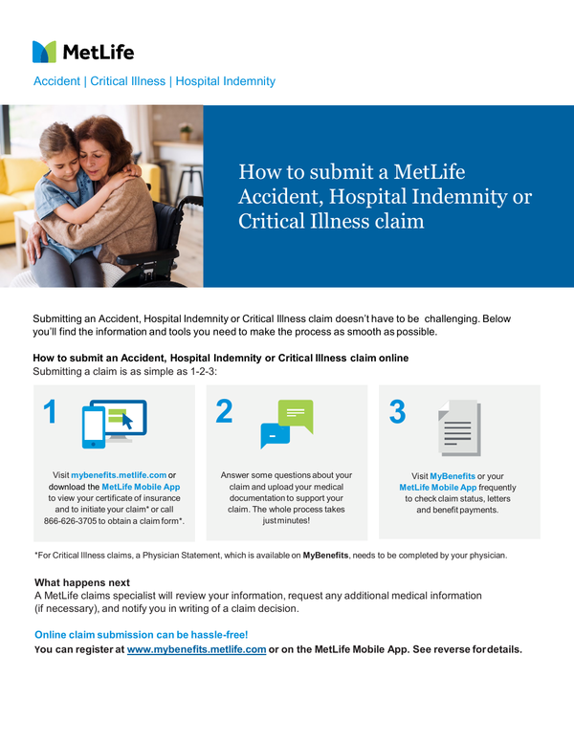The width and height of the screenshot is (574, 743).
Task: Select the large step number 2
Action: click(x=224, y=412)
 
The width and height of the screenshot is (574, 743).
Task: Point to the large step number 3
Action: click(x=397, y=412)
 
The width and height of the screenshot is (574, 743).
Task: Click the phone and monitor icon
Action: click(x=112, y=423)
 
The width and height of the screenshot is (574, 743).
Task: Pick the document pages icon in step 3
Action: click(x=459, y=426)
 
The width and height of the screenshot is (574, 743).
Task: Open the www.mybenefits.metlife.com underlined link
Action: click(x=196, y=649)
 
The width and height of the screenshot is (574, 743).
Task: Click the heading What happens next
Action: click(x=82, y=582)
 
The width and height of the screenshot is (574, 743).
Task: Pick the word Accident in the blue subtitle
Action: click(x=56, y=81)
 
